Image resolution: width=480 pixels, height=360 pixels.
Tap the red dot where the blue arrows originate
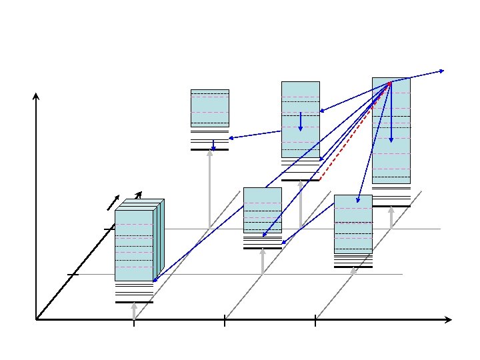pyautogui.click(x=390, y=82)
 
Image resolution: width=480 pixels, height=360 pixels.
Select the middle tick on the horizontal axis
pyautogui.click(x=225, y=322)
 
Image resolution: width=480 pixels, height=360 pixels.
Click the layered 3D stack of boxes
pyautogui.click(x=137, y=243)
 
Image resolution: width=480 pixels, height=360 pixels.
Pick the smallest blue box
pyautogui.click(x=209, y=108)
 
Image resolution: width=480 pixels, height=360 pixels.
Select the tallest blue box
pyautogui.click(x=391, y=130)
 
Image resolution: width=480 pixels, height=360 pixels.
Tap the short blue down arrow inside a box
pyautogui.click(x=301, y=121)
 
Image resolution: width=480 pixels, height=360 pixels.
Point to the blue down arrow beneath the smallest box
pyautogui.click(x=213, y=145)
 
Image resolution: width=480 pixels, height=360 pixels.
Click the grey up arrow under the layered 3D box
pyautogui.click(x=134, y=311)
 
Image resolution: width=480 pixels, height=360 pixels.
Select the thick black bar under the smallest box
pyautogui.click(x=209, y=150)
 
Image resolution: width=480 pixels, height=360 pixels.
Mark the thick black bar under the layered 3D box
pyautogui.click(x=134, y=302)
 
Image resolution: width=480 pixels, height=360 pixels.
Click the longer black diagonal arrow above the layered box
pyautogui.click(x=136, y=199)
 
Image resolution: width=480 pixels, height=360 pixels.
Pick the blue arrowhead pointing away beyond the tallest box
pyautogui.click(x=442, y=70)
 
